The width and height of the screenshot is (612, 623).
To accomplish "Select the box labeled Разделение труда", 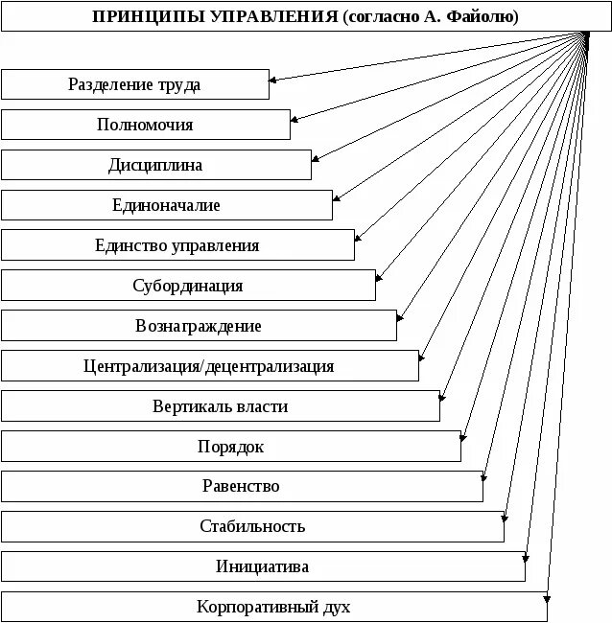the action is (x=134, y=84).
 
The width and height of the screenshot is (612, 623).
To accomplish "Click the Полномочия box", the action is (x=145, y=125).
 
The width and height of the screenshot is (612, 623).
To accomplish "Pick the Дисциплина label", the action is (x=155, y=165).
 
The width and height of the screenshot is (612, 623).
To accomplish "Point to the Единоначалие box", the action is (x=166, y=205).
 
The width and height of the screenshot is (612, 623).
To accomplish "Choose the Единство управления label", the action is (x=177, y=245).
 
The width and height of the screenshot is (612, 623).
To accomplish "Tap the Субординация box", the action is (x=188, y=286).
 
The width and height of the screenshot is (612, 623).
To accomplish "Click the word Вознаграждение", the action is (x=199, y=326).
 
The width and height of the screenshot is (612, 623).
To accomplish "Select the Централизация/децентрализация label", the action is (x=209, y=366).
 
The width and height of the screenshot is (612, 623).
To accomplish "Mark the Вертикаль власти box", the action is (x=220, y=406).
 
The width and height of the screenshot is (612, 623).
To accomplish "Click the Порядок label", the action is (x=230, y=447).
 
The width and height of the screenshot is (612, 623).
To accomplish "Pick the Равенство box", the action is (x=241, y=486).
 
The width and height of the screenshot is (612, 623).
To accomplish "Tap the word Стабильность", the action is (x=252, y=526).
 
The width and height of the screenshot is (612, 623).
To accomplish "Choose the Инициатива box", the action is (x=263, y=566).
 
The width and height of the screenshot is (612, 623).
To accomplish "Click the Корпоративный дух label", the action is (x=273, y=607).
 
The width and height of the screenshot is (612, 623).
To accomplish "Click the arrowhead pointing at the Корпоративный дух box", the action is (x=547, y=601).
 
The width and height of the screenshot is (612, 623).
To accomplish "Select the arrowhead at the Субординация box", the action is (x=381, y=278).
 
